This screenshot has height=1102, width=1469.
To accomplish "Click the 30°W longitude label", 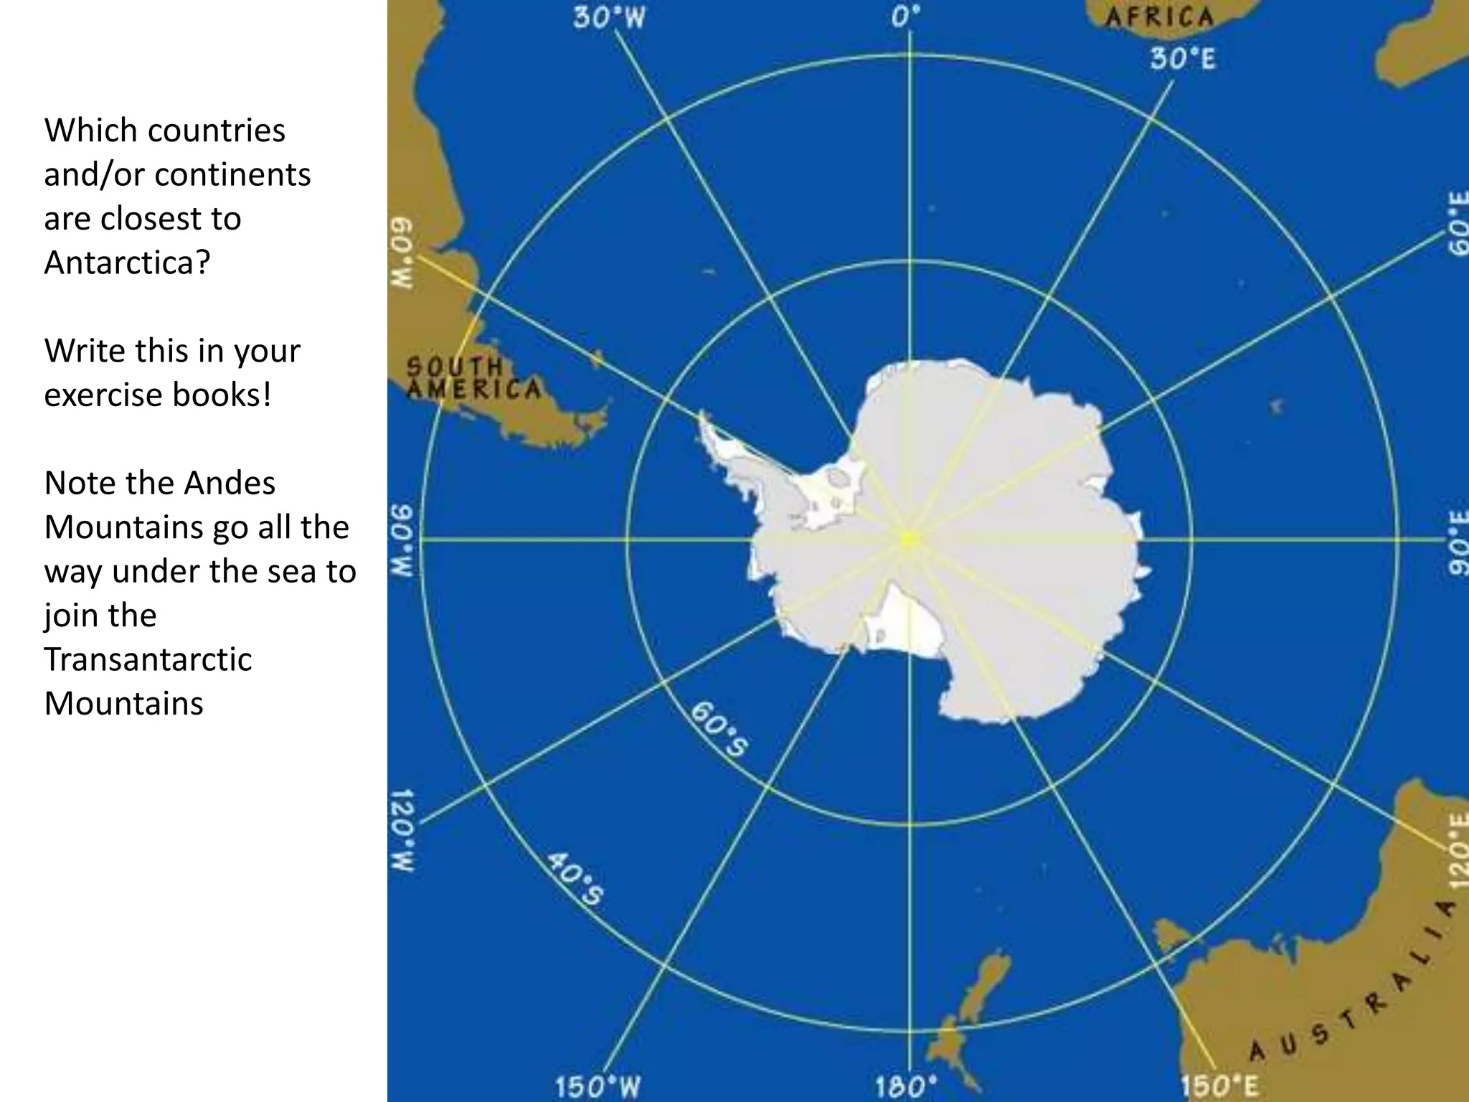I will click(609, 18).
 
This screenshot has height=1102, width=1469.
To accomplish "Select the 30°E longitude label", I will click(1183, 59).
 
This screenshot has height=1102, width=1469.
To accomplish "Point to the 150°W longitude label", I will click(597, 1085).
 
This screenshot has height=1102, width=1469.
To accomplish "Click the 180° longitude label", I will click(905, 1085).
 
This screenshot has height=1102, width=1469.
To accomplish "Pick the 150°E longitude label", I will click(1219, 1085).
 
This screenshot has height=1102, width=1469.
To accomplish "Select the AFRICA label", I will click(1158, 17).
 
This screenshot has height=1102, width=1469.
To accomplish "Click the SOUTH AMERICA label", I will click(473, 378).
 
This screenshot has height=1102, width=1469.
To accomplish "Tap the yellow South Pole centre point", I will click(909, 538).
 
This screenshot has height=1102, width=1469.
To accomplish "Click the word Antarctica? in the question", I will click(127, 262).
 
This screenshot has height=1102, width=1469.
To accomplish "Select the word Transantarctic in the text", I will click(148, 659).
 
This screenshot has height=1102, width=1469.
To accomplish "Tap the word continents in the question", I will click(232, 174).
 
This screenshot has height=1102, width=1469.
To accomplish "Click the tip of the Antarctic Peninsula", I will click(702, 416).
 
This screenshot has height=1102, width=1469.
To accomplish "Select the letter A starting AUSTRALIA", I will click(1257, 1052).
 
